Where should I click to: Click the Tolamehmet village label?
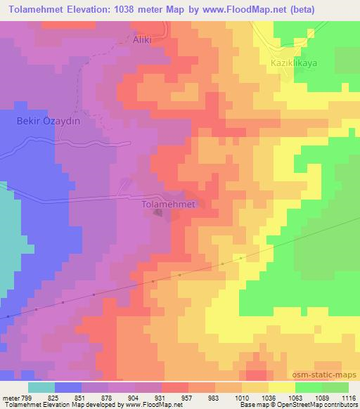pyautogui.click(x=168, y=204)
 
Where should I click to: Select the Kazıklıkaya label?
pyautogui.click(x=295, y=63)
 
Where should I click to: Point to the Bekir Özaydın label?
pyautogui.click(x=49, y=121)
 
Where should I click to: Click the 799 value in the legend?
pyautogui.click(x=27, y=397)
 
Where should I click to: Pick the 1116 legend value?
pyautogui.click(x=349, y=397)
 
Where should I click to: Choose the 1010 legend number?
pyautogui.click(x=241, y=397)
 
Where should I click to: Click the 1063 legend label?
pyautogui.click(x=295, y=397)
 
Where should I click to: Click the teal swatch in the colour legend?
pyautogui.click(x=41, y=387)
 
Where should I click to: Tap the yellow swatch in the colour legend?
pyautogui.click(x=282, y=387)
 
